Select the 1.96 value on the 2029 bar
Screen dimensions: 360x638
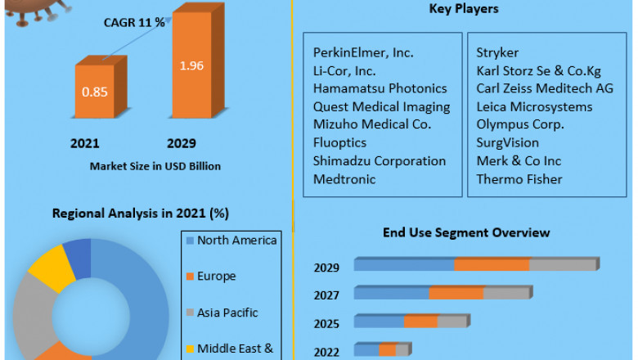(193, 65)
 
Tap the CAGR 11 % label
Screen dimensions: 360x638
(134, 22)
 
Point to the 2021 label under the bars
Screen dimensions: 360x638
(84, 143)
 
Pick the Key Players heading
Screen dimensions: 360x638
(464, 9)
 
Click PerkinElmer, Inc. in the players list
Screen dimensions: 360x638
(363, 52)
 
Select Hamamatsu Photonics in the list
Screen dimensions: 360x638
(380, 88)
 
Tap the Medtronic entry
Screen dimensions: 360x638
(344, 178)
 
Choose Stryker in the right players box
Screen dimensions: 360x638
(497, 52)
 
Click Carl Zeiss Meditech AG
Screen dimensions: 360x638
(545, 88)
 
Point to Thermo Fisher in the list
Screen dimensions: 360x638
(519, 178)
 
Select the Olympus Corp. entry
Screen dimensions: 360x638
(520, 124)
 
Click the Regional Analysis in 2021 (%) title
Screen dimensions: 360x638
(140, 214)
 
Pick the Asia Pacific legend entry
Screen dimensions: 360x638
(227, 313)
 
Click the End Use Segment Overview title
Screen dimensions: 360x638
(466, 232)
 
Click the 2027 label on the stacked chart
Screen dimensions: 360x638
(326, 295)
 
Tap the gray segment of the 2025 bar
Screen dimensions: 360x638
(452, 322)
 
